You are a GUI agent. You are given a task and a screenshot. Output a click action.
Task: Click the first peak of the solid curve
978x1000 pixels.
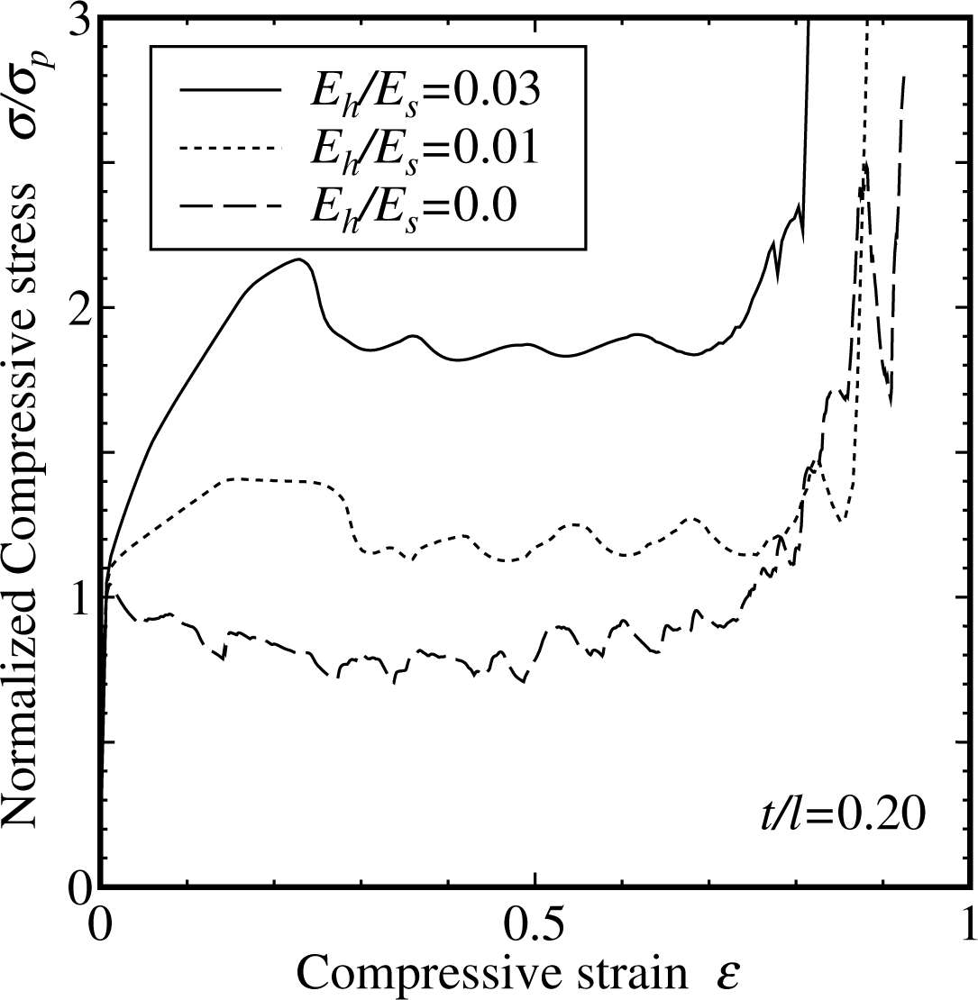click(298, 259)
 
